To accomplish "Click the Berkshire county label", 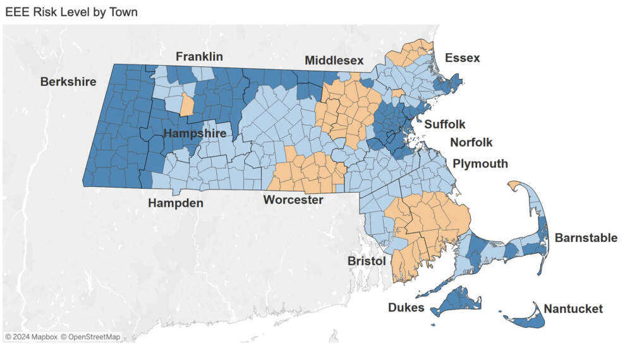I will pyautogui.click(x=68, y=81).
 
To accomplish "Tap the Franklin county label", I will pyautogui.click(x=199, y=57).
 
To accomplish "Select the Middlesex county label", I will pyautogui.click(x=334, y=61).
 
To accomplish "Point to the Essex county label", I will pyautogui.click(x=462, y=58).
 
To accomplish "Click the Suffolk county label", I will pyautogui.click(x=444, y=124).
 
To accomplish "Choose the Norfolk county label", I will pyautogui.click(x=471, y=143).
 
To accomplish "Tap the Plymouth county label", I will pyautogui.click(x=480, y=164).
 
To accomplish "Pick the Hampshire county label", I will pyautogui.click(x=195, y=134).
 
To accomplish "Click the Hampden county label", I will pyautogui.click(x=176, y=203).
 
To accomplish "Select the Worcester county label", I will pyautogui.click(x=293, y=200).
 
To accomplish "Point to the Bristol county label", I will pyautogui.click(x=367, y=261).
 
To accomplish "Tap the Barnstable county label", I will pyautogui.click(x=586, y=238).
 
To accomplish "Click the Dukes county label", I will pyautogui.click(x=406, y=308).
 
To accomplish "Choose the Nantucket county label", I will pyautogui.click(x=573, y=309).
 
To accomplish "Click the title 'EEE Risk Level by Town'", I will pyautogui.click(x=71, y=12).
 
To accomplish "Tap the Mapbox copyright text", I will pyautogui.click(x=31, y=337).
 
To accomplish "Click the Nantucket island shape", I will pyautogui.click(x=528, y=320).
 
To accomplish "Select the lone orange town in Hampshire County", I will pyautogui.click(x=186, y=105).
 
